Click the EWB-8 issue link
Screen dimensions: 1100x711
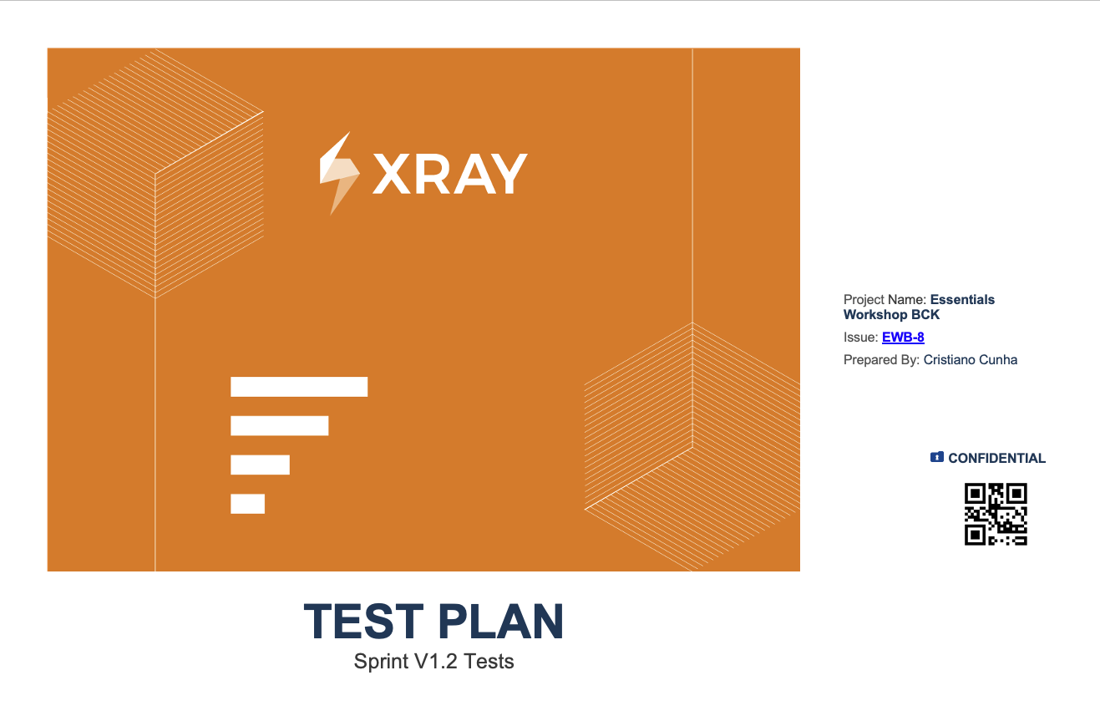tap(903, 337)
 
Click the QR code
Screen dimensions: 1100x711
tap(996, 514)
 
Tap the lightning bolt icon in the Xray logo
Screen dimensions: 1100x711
tap(339, 172)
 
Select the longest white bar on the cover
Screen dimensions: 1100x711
tap(299, 387)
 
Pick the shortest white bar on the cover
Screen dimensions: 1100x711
tap(247, 504)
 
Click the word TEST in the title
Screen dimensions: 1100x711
tap(363, 622)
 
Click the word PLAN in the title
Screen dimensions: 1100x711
tap(501, 622)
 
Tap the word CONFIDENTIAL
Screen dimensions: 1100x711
tap(996, 459)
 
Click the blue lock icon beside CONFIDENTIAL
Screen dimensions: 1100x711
tap(936, 458)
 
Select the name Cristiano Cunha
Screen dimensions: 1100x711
tap(970, 360)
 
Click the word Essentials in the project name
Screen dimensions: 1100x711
tap(962, 300)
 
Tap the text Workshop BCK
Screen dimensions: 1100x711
tap(891, 315)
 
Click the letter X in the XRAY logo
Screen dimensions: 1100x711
tap(392, 174)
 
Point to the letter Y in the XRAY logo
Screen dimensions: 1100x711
tap(509, 174)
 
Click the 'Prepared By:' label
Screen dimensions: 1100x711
tap(881, 360)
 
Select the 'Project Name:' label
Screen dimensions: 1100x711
tap(885, 300)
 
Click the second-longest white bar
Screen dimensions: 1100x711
tap(280, 425)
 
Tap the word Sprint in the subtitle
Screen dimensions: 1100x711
tap(382, 662)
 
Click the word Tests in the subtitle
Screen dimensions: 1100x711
tap(489, 662)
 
